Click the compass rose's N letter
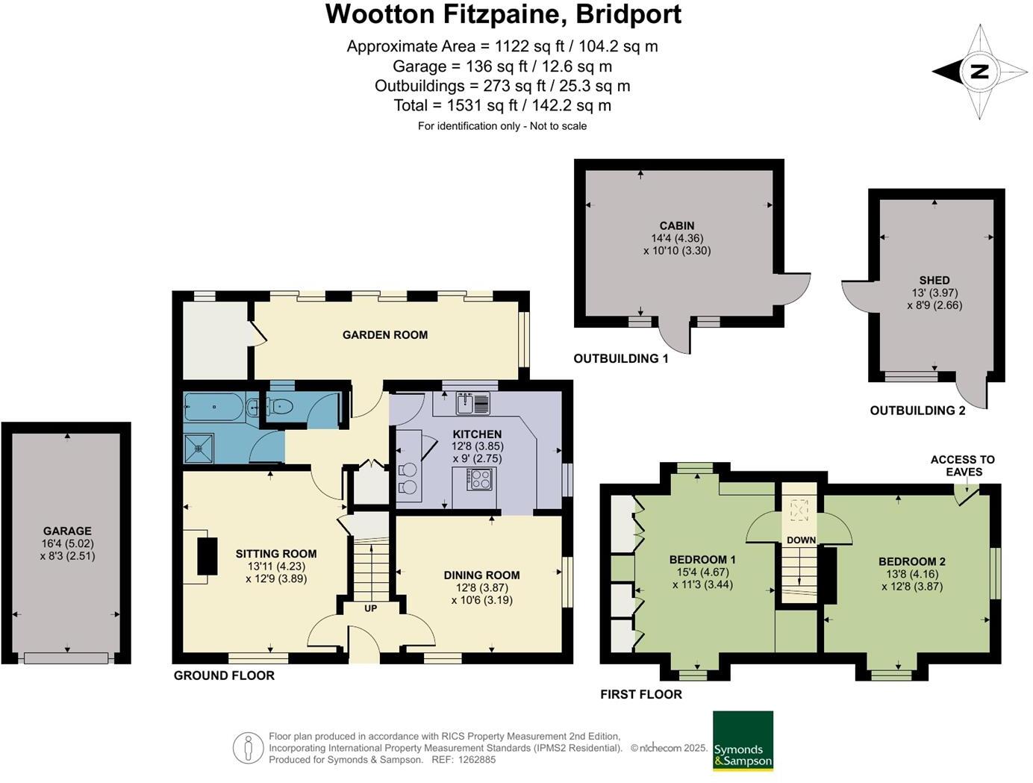pyautogui.click(x=979, y=72)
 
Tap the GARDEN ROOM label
pyautogui.click(x=385, y=335)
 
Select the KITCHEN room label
pyautogui.click(x=477, y=434)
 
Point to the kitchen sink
pyautogui.click(x=472, y=403)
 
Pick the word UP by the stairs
pyautogui.click(x=370, y=608)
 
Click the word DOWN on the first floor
pyautogui.click(x=801, y=540)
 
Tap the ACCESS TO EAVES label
pyautogui.click(x=962, y=466)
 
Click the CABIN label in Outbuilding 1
pyautogui.click(x=676, y=225)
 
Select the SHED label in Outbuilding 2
pyautogui.click(x=934, y=280)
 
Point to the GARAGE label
pyautogui.click(x=67, y=531)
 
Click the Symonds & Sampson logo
pyautogui.click(x=743, y=740)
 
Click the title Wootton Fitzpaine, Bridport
pyautogui.click(x=503, y=14)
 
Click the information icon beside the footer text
pyautogui.click(x=247, y=748)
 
